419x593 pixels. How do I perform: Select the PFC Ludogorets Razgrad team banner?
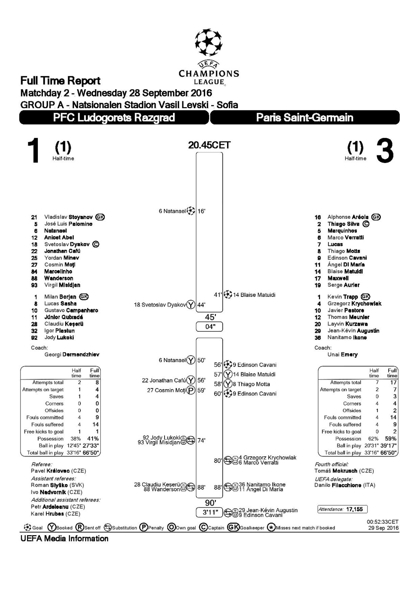[114, 117]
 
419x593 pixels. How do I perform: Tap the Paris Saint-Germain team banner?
[305, 117]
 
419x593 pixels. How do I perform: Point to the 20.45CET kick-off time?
[209, 145]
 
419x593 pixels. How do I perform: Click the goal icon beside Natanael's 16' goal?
[191, 211]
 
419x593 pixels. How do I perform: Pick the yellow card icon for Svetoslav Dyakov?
[191, 305]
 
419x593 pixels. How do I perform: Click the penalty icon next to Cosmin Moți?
[191, 390]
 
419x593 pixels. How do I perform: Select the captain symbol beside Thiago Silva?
[366, 224]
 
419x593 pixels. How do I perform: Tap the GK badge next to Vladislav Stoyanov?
[100, 217]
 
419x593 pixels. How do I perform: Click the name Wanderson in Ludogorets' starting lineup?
[59, 278]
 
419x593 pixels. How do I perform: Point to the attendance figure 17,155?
[355, 509]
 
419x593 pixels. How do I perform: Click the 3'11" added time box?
[209, 513]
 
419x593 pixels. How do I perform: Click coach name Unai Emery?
[343, 355]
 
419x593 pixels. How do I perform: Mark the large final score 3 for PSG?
[385, 151]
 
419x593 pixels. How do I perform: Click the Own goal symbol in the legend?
[171, 527]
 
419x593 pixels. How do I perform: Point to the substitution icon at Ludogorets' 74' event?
[191, 441]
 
